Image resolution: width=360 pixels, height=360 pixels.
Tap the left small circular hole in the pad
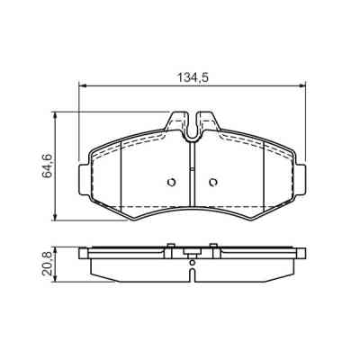click(x=172, y=184)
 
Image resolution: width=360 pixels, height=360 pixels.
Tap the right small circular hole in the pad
click(x=213, y=184)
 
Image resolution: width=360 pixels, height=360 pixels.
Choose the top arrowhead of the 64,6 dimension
click(x=58, y=115)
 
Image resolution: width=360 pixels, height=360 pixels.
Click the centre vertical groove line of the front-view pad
click(x=193, y=175)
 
